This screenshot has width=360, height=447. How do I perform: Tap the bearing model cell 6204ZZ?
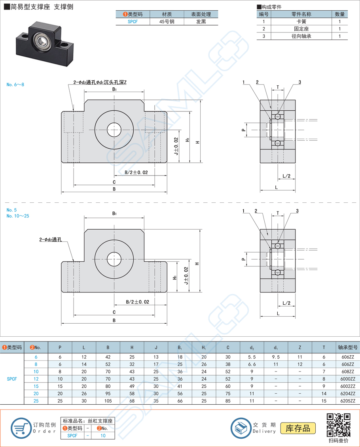[x=348, y=394]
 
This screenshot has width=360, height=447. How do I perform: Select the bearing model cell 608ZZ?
[x=348, y=372]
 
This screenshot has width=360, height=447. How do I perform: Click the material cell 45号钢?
[x=167, y=22]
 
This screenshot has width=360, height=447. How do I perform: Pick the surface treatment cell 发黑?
[x=201, y=22]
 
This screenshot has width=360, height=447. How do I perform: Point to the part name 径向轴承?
[x=301, y=36]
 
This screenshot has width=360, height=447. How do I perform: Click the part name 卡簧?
[x=301, y=22]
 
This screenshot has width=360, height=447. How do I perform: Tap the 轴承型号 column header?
[x=348, y=347]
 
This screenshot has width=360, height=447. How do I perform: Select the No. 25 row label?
[x=36, y=401]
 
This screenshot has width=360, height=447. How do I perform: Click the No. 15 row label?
[x=36, y=386]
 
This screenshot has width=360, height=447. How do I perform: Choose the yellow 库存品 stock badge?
[x=298, y=428]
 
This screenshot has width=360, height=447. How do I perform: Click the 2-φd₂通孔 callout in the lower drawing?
[x=53, y=240]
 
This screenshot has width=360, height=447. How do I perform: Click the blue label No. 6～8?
[x=15, y=85]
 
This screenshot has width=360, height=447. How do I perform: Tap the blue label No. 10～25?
[x=18, y=216]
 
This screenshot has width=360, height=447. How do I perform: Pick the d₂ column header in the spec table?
[x=252, y=348]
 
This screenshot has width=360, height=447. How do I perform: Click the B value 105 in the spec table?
[x=108, y=401]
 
